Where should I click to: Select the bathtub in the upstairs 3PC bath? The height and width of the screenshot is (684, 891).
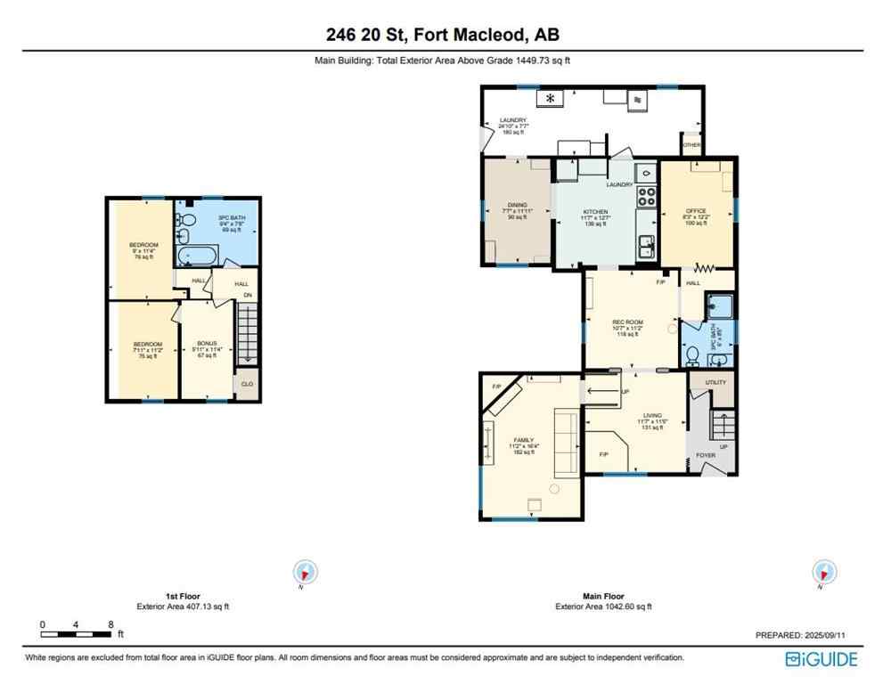[192, 256]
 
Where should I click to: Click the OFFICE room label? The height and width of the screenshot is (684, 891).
[695, 211]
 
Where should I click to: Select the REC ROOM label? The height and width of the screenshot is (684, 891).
[626, 322]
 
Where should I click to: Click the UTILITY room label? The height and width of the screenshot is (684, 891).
[715, 381]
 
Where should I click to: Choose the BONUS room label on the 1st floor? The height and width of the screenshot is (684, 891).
[207, 344]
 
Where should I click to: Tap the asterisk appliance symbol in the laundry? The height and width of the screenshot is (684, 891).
[551, 98]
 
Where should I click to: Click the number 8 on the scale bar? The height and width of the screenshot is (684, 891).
[110, 624]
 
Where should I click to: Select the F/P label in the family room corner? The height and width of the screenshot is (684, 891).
[496, 386]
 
